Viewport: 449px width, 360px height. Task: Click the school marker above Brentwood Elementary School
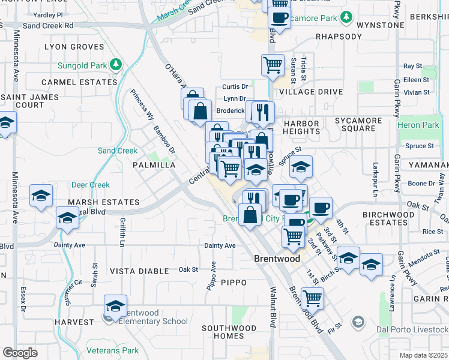[x=115, y=305]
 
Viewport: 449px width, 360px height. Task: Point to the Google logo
[x=19, y=353]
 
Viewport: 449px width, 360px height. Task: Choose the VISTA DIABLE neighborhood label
[x=139, y=271]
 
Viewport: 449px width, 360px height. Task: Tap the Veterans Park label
[x=113, y=351]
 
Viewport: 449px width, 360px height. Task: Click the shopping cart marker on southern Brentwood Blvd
[x=312, y=298]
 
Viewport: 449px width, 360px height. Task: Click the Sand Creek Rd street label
[x=48, y=26]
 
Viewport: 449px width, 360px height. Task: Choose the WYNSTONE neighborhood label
[x=380, y=25]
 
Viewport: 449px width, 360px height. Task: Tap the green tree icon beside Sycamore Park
[x=346, y=18]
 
